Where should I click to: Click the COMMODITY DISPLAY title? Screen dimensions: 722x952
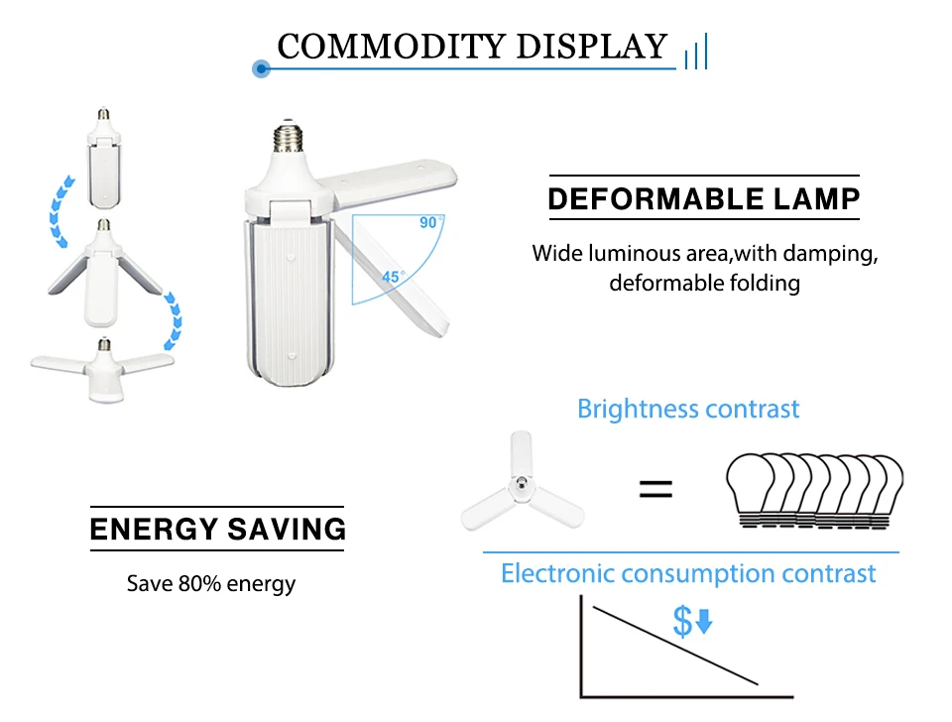tap(472, 47)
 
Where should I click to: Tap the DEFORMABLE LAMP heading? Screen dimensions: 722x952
tap(703, 198)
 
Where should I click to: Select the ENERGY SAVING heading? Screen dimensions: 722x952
tap(217, 528)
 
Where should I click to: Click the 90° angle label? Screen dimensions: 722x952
tap(427, 222)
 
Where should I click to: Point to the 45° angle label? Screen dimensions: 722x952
tap(393, 277)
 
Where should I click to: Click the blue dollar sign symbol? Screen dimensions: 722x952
tap(682, 622)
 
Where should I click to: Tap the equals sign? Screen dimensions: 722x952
tap(654, 488)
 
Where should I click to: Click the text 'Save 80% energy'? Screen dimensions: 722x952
tap(211, 583)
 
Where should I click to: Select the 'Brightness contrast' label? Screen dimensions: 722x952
tap(688, 409)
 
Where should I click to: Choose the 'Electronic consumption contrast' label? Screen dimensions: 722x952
tap(688, 573)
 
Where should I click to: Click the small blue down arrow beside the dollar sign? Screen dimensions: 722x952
tap(704, 623)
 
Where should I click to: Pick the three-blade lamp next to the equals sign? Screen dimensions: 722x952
tap(520, 485)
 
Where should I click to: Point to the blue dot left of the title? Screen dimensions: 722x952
tap(262, 68)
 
